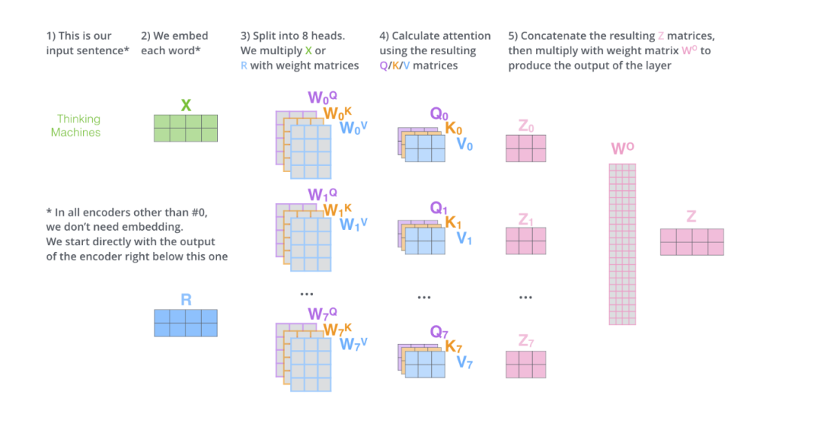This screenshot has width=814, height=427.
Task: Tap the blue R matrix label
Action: (185, 300)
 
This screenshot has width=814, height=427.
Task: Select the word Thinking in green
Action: (78, 118)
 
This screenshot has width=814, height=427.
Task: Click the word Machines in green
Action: (76, 132)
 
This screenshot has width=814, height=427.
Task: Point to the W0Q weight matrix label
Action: (317, 97)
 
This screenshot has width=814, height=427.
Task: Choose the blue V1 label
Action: (465, 238)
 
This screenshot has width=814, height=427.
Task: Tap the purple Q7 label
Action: (439, 331)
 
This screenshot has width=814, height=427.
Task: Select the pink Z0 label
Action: (526, 127)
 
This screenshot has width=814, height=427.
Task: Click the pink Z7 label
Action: (526, 340)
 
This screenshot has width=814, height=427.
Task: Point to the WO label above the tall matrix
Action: (622, 149)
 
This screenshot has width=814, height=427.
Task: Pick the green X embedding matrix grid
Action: (185, 128)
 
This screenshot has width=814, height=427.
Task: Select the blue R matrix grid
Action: (185, 323)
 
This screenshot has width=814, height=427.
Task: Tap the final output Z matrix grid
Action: (692, 242)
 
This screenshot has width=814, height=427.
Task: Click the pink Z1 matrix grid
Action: (526, 241)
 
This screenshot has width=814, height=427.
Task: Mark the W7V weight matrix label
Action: (353, 344)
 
